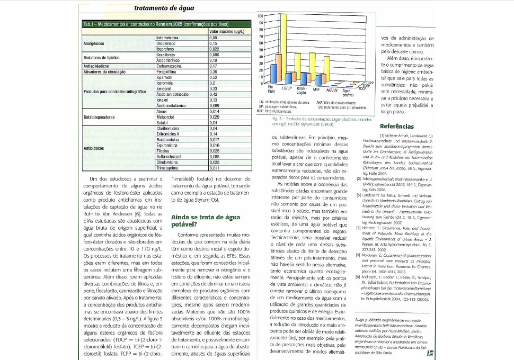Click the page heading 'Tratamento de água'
pyautogui.click(x=164, y=8)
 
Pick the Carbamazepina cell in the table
pyautogui.click(x=169, y=66)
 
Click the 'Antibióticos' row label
pyautogui.click(x=94, y=148)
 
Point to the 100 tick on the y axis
pyautogui.click(x=260, y=16)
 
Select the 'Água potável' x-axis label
pyautogui.click(x=348, y=92)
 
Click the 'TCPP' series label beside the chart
pyautogui.click(x=370, y=83)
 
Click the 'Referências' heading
pyautogui.click(x=396, y=127)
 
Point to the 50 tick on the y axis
pyautogui.click(x=260, y=50)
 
